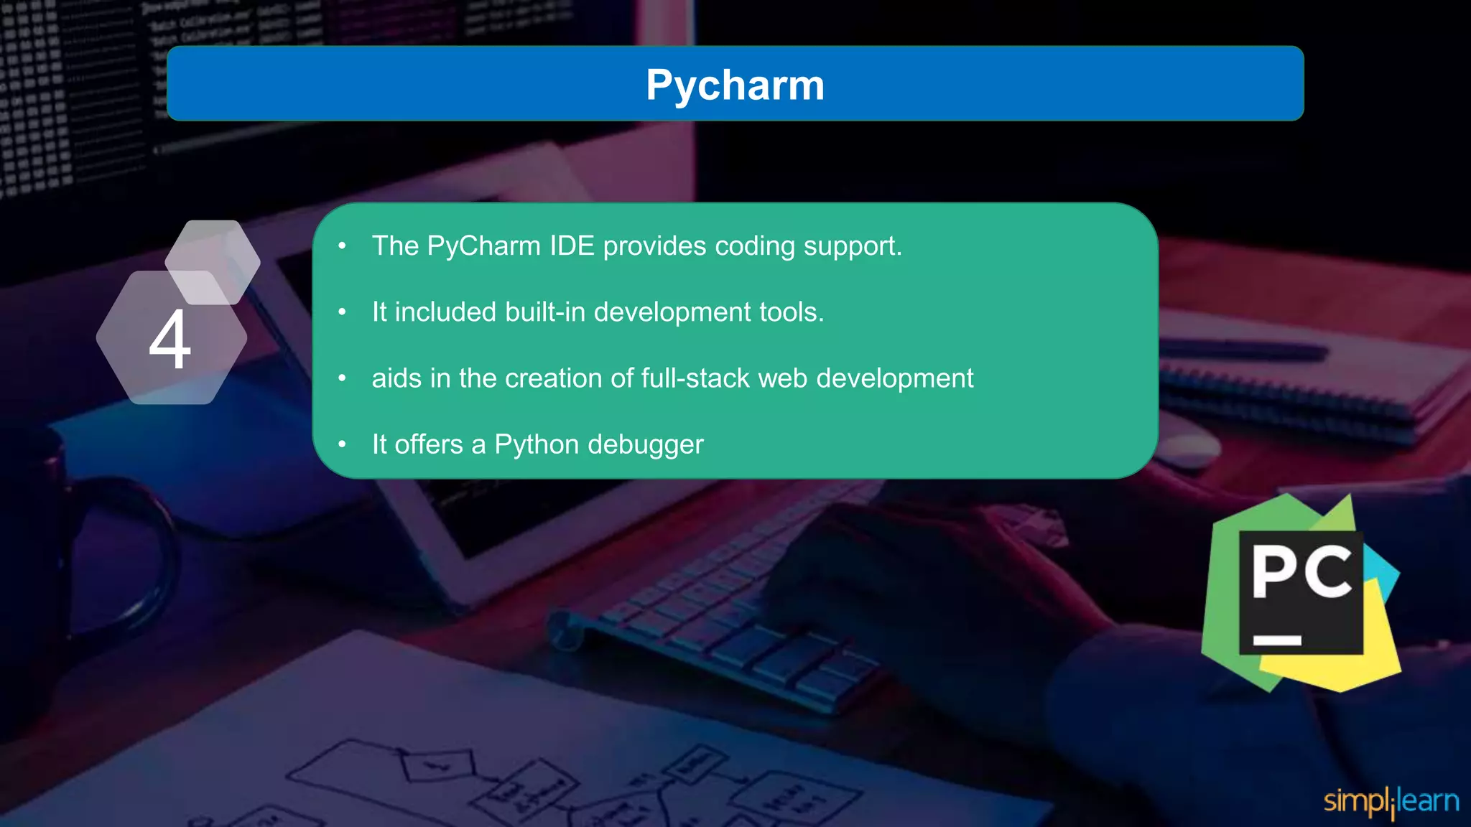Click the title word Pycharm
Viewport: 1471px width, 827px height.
pos(735,85)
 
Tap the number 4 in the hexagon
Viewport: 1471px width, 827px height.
pos(170,340)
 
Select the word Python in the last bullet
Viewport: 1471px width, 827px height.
pos(537,445)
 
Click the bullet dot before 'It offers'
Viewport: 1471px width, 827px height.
pos(343,444)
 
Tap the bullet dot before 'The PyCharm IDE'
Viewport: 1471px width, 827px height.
pos(343,246)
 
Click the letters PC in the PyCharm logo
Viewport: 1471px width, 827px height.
pos(1301,572)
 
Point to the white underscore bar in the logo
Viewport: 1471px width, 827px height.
pos(1277,640)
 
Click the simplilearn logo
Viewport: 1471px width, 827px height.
pos(1391,801)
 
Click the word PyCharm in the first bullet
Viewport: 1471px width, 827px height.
pos(483,247)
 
